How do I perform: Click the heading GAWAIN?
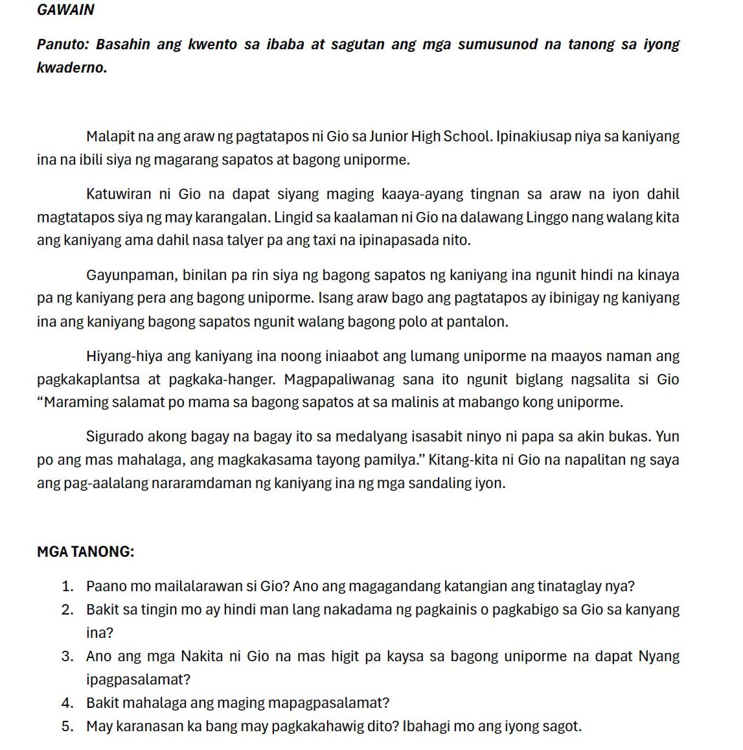pos(65,10)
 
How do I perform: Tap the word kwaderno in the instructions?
pos(71,68)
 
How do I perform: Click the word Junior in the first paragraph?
pos(389,137)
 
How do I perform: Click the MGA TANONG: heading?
pos(86,552)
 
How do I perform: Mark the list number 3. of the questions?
pos(67,657)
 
